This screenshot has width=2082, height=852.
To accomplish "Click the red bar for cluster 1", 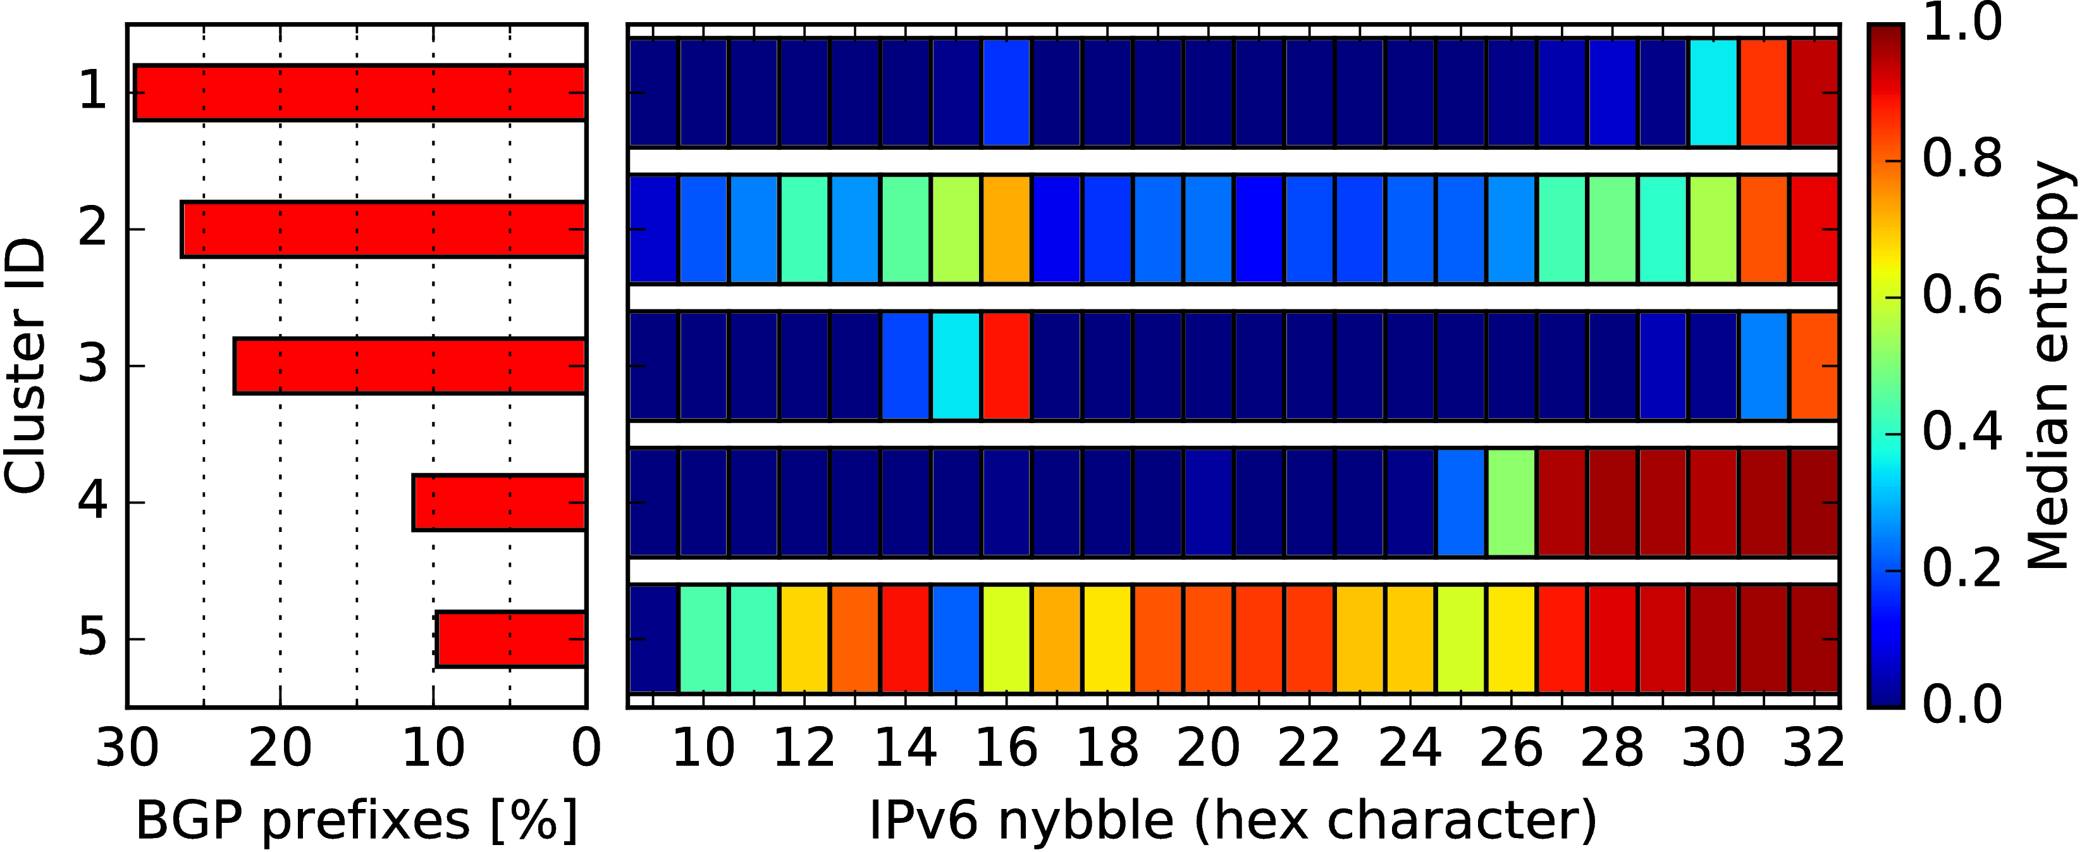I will [x=360, y=93].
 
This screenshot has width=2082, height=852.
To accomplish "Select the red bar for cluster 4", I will [x=500, y=503].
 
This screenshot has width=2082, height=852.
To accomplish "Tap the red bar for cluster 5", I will [x=511, y=639].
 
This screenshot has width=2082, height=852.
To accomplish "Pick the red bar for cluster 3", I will [x=410, y=366].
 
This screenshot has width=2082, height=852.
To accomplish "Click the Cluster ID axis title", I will [x=24, y=366].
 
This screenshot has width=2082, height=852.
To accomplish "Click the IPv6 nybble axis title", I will [x=1233, y=820].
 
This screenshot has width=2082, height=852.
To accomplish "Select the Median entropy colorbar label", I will [x=2050, y=366].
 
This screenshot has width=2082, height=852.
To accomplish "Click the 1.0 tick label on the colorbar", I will [x=1962, y=23].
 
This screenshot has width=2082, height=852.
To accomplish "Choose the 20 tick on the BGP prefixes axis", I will [x=280, y=748].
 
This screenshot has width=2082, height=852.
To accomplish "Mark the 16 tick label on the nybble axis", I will [x=1006, y=748].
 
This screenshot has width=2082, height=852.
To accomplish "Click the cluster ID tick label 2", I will [x=92, y=229].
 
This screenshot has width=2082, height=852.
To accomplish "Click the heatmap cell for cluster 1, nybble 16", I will [x=1006, y=93].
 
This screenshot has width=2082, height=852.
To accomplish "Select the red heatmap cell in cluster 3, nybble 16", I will [x=1006, y=366].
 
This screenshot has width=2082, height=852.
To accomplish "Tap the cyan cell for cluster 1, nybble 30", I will [x=1713, y=93].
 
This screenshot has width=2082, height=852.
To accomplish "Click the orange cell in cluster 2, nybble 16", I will [x=1006, y=230].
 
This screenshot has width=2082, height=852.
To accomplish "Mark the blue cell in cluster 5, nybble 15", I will [x=956, y=639].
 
